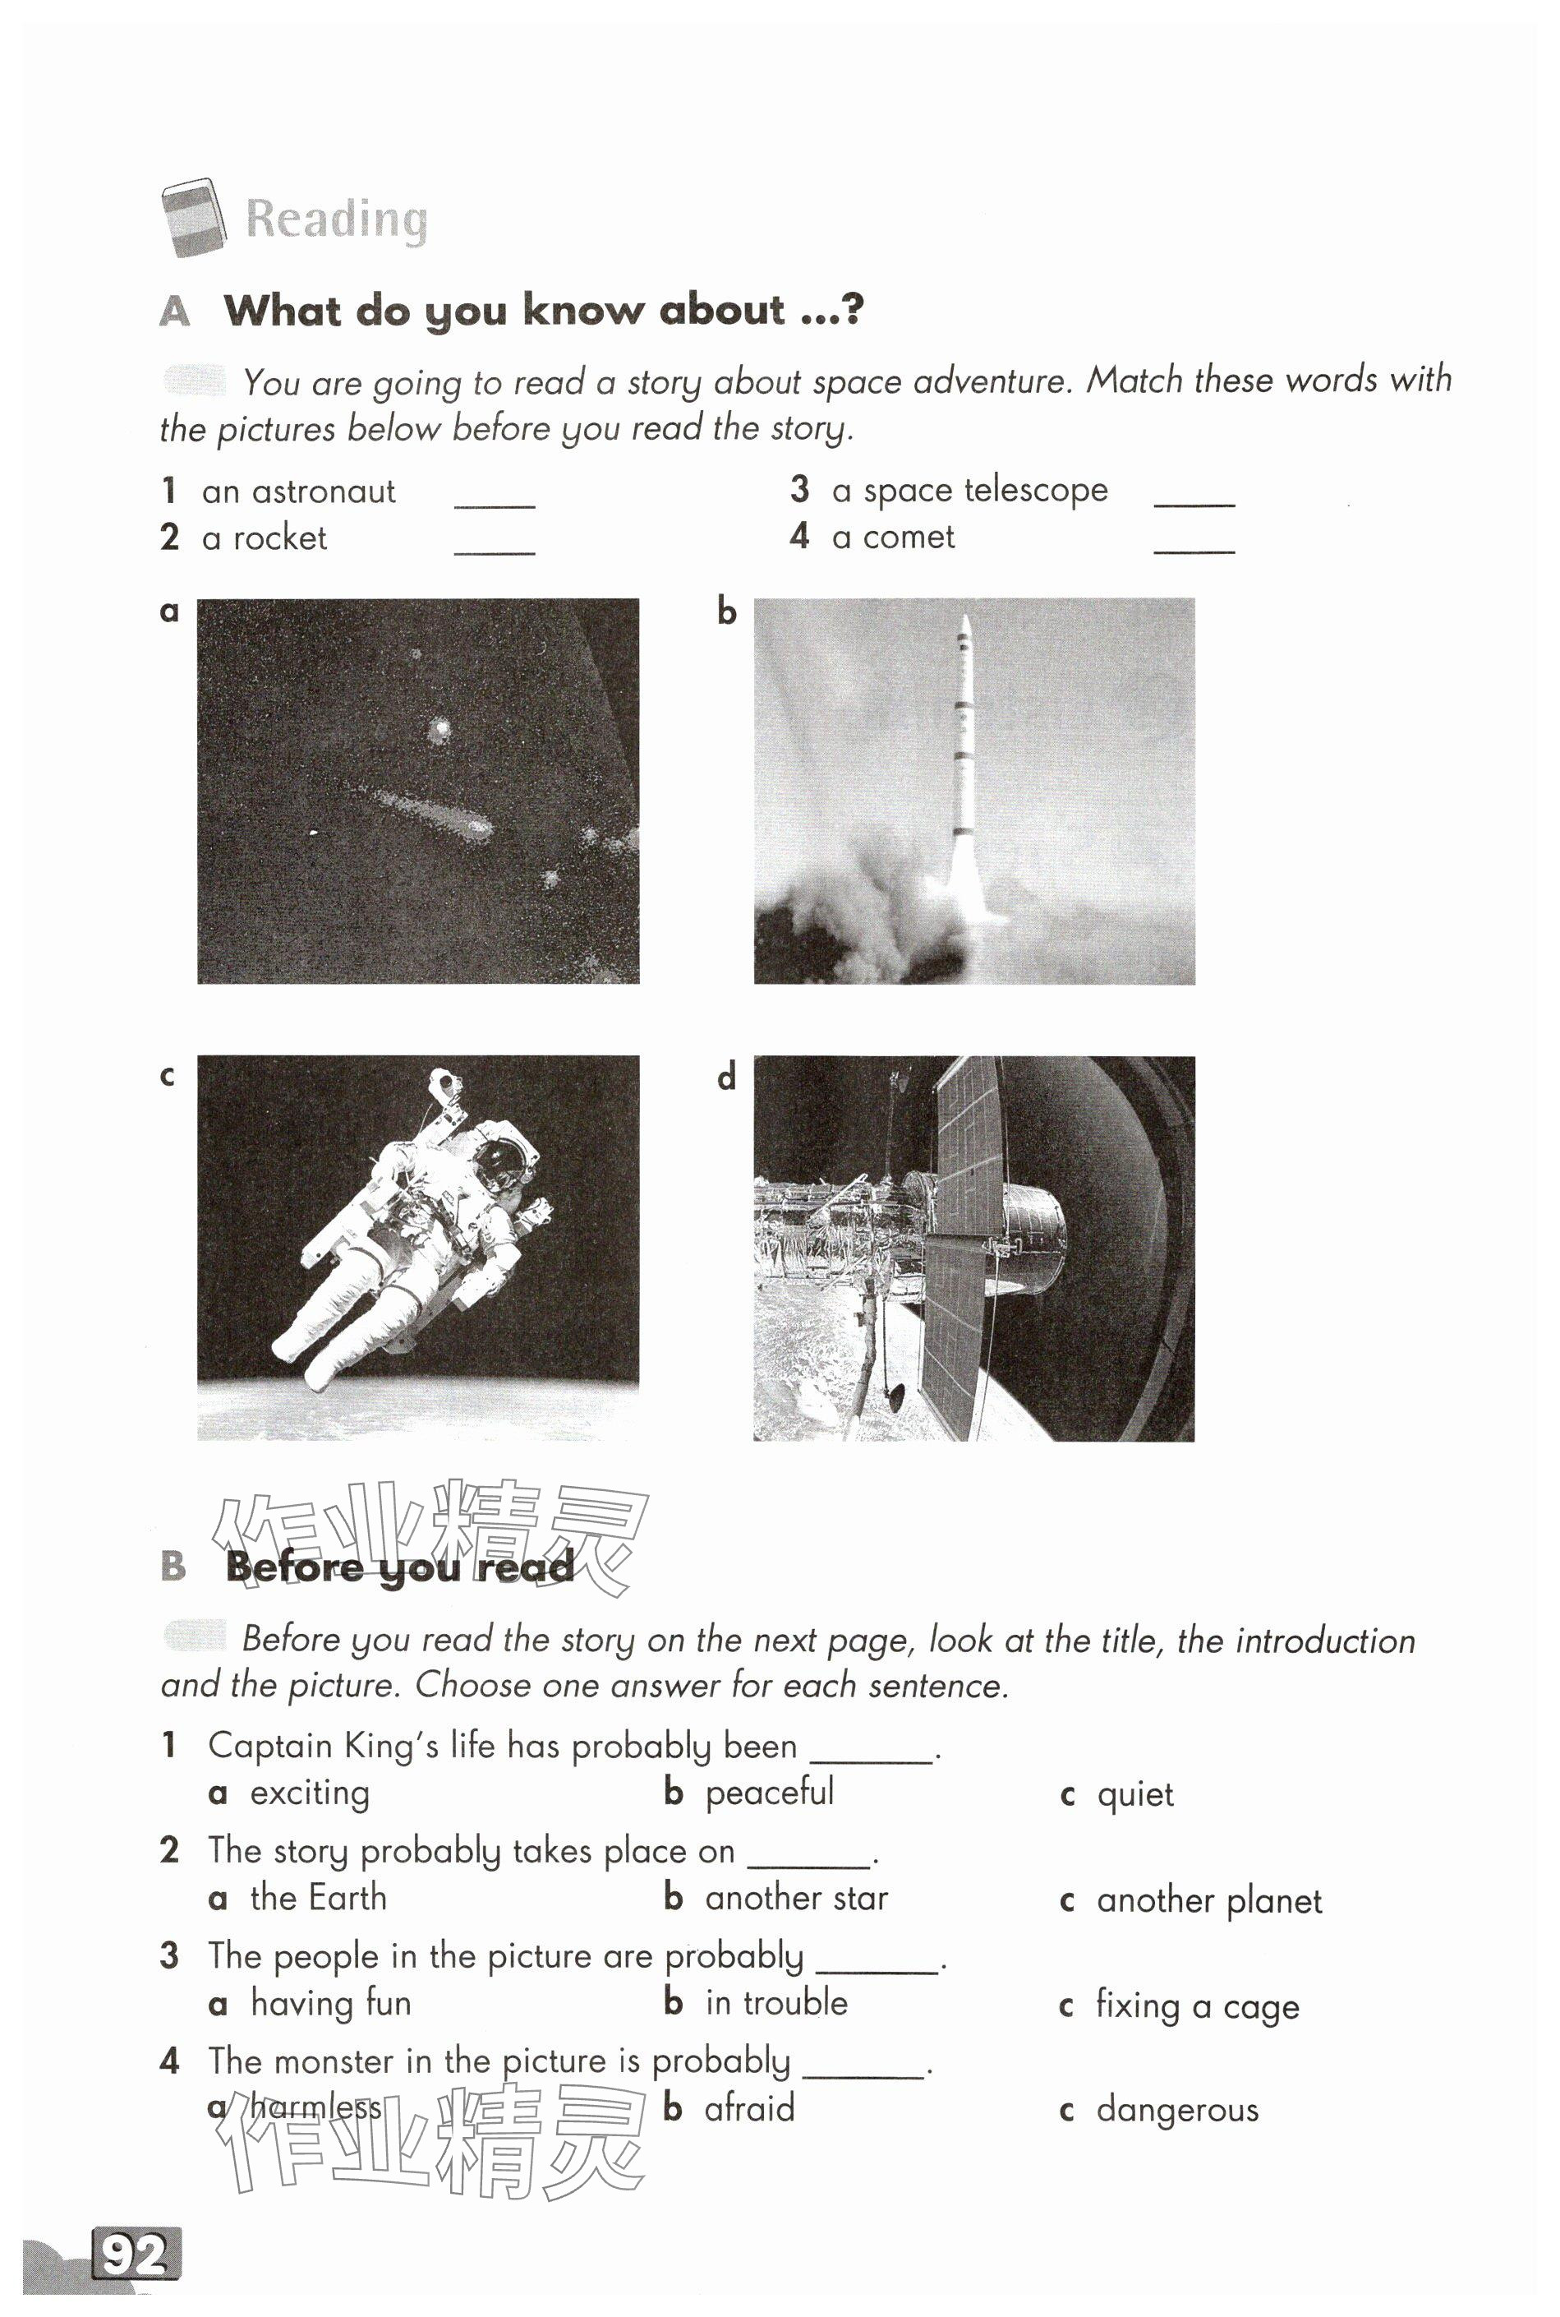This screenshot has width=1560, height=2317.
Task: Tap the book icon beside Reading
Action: [194, 217]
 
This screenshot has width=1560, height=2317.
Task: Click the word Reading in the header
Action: [336, 219]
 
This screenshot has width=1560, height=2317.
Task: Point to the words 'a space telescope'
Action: [969, 490]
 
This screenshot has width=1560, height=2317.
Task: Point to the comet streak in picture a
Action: [433, 810]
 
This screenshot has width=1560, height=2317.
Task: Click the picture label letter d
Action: [727, 1077]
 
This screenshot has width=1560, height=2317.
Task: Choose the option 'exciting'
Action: [310, 1793]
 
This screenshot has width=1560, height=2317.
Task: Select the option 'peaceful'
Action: [769, 1793]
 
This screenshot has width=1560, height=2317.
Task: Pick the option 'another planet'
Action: [1208, 1901]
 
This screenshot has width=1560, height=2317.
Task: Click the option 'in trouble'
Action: [776, 2002]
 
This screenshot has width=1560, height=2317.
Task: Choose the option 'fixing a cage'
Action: [1197, 2005]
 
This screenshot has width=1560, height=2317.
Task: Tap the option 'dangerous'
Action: [1177, 2110]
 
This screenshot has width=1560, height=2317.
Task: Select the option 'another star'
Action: [796, 1898]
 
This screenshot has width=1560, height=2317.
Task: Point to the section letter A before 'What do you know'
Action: [174, 312]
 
